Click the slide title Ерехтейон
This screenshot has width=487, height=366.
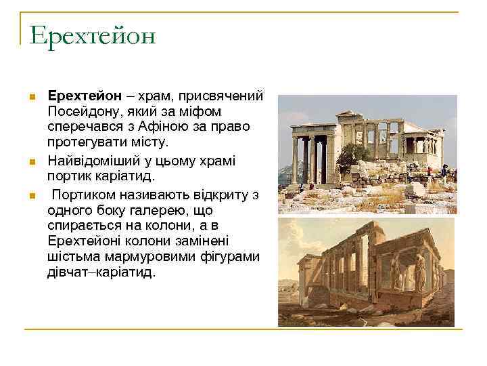(x=93, y=35)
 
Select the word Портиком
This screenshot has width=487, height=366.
(x=89, y=195)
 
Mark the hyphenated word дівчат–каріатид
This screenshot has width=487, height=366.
(x=101, y=273)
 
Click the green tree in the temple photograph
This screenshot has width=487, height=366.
(x=353, y=157)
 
